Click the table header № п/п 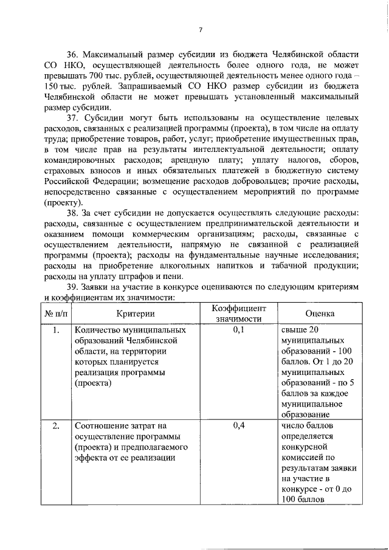point(55,314)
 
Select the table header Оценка point(320,314)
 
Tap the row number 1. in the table point(55,331)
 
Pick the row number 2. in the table point(55,426)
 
